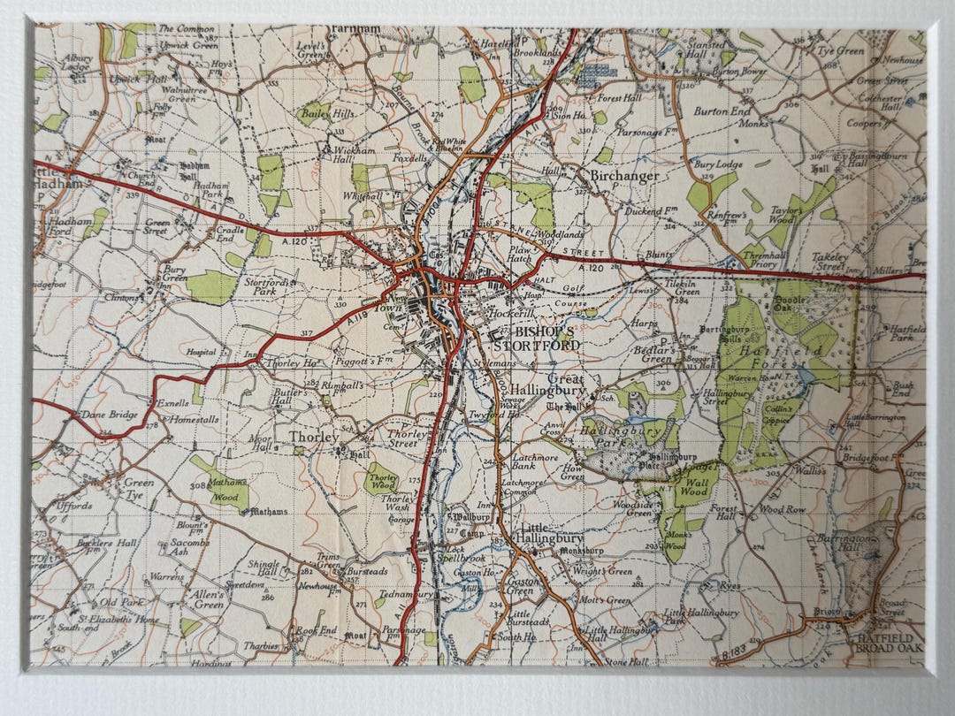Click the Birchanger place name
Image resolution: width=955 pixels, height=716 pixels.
click(624, 176)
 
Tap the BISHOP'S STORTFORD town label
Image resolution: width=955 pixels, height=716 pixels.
click(536, 338)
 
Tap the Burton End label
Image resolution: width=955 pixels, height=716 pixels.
click(722, 112)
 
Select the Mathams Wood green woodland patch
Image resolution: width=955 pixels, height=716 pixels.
click(219, 484)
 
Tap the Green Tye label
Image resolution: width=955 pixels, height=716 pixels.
click(139, 490)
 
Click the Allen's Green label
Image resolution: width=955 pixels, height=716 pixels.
click(208, 600)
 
